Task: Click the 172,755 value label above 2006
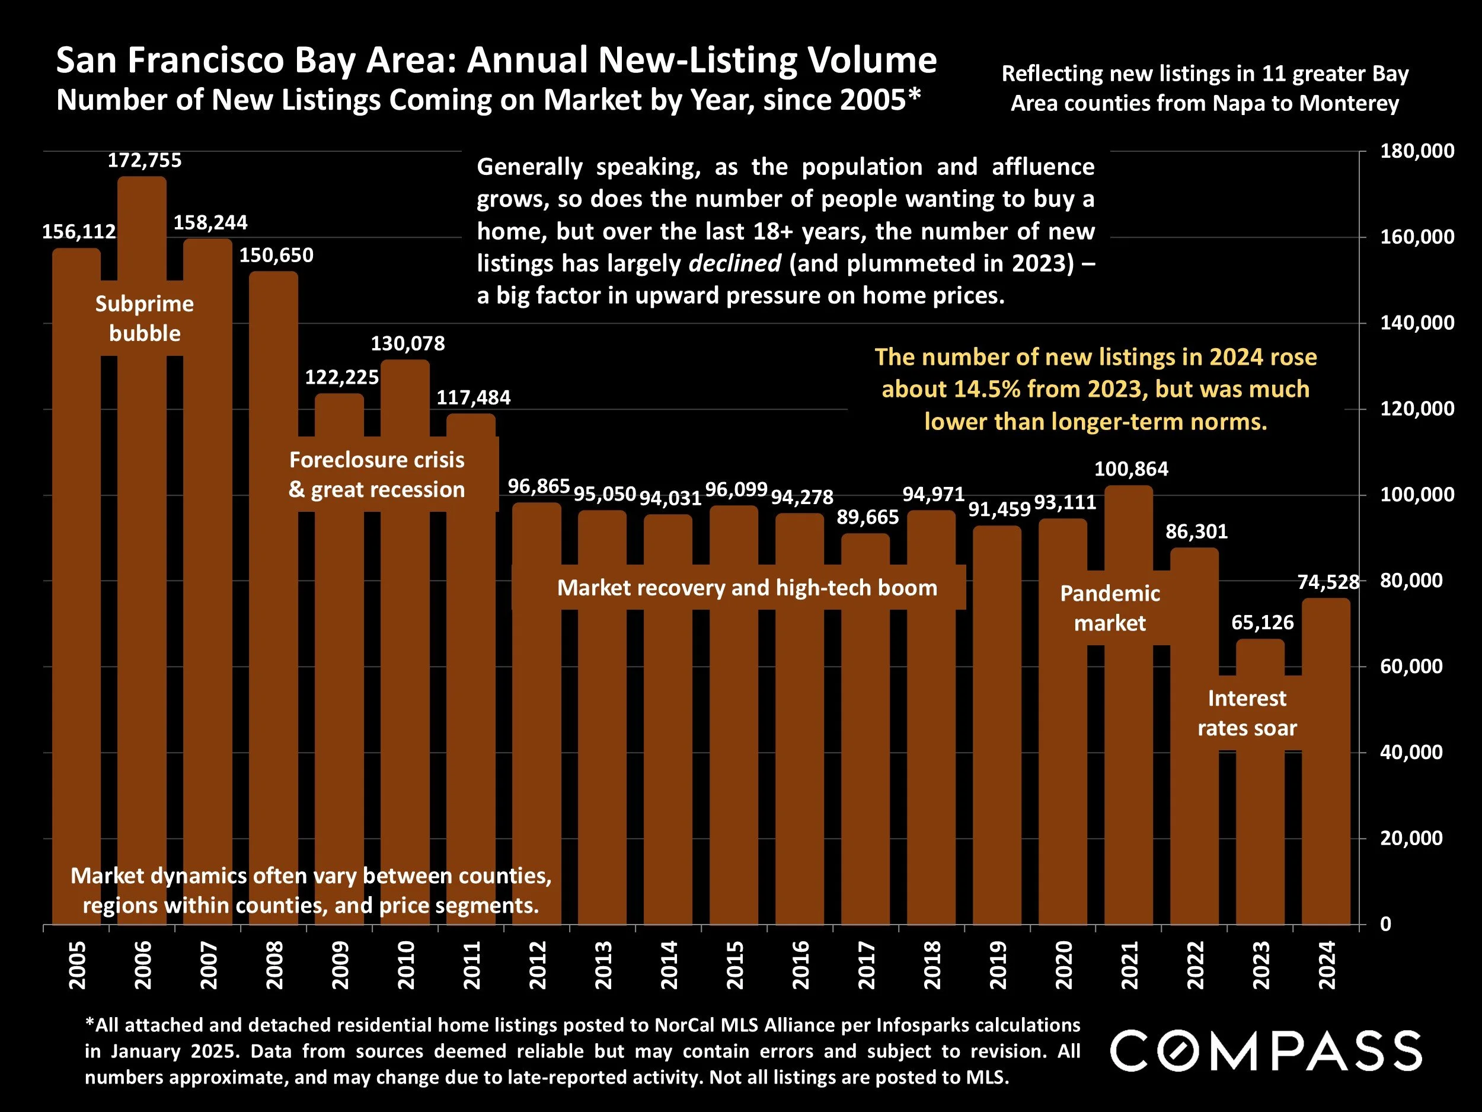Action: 145,161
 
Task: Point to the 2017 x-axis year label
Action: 866,965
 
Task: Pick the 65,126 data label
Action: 1262,623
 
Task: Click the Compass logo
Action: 1266,1050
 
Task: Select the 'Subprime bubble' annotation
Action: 145,318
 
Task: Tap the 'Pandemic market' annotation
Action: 1110,608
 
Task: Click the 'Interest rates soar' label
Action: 1247,713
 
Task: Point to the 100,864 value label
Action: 1131,469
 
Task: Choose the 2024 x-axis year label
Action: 1327,965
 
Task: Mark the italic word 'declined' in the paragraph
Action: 734,263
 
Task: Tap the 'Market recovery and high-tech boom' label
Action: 747,588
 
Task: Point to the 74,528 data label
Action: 1328,582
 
